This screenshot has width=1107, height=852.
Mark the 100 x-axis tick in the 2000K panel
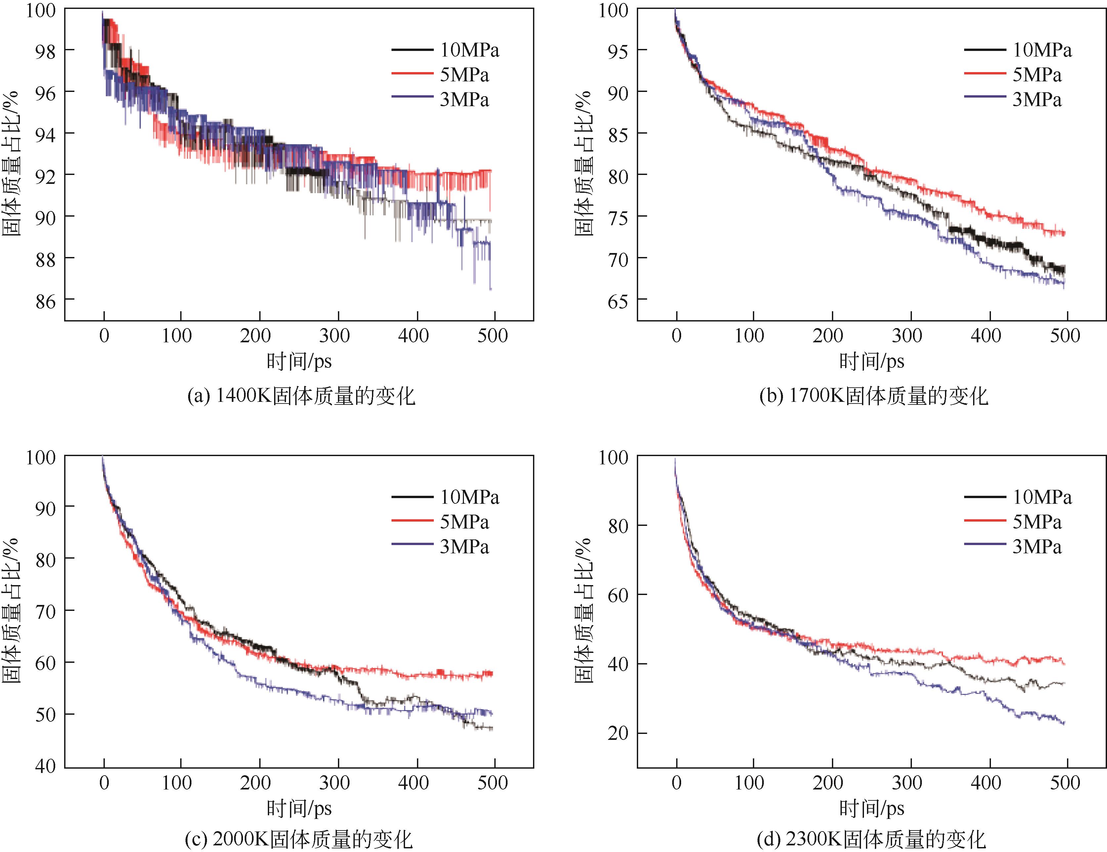[176, 783]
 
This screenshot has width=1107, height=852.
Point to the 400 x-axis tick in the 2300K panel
[986, 783]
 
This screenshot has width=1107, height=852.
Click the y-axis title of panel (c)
[11, 611]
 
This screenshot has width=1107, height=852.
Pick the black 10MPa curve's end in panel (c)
[492, 729]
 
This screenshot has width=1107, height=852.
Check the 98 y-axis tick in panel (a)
[46, 51]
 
